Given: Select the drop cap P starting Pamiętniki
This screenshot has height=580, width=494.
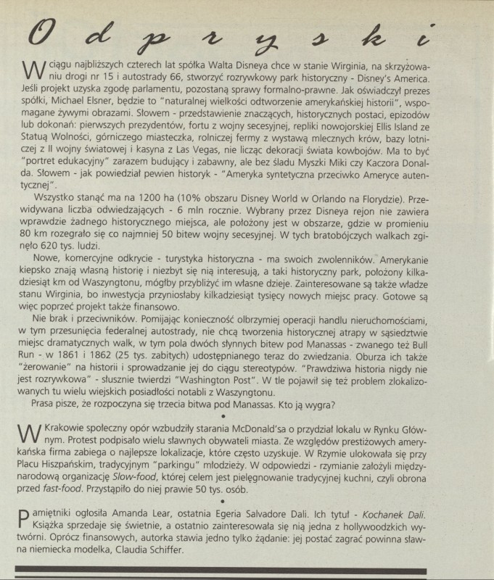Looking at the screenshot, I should point(24,515).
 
